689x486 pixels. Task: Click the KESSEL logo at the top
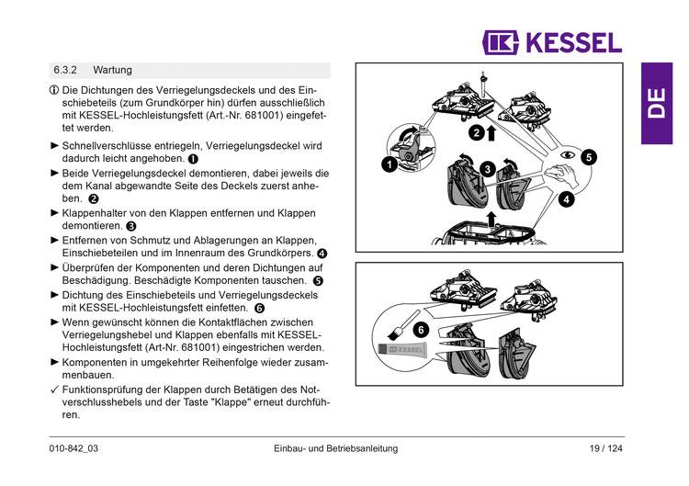tap(552, 42)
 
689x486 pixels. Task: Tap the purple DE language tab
tap(657, 103)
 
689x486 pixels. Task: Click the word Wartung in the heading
tap(112, 70)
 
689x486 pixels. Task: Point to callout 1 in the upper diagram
tap(390, 164)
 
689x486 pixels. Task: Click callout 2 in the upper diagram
tap(475, 132)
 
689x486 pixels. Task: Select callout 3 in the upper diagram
tap(488, 168)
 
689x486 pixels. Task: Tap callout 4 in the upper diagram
tap(566, 198)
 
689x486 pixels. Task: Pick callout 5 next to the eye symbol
tap(588, 157)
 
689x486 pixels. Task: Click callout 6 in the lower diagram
tap(421, 329)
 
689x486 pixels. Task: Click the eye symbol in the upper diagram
tap(568, 157)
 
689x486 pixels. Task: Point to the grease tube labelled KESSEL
tap(410, 350)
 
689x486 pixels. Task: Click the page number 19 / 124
tap(605, 448)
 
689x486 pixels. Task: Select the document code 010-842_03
tap(73, 448)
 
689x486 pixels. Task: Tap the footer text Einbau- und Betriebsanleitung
tap(335, 448)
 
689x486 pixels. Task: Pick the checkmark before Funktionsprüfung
tap(54, 390)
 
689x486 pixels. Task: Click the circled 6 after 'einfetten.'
tap(259, 309)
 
